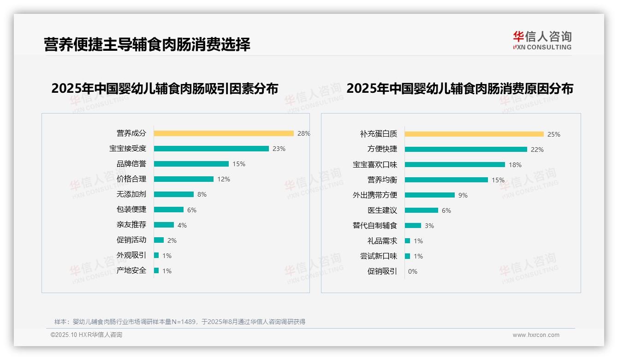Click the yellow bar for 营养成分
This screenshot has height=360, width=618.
[x=224, y=133]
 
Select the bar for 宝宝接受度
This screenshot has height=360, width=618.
[x=211, y=149]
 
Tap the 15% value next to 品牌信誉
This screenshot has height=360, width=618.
[x=239, y=164]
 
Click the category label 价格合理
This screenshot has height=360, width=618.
[x=131, y=179]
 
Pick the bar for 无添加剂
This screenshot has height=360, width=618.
[x=174, y=194]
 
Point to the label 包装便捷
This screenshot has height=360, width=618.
[x=131, y=210]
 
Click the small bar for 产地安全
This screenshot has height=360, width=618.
[x=156, y=270]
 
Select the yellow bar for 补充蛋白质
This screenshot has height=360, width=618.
[x=474, y=134]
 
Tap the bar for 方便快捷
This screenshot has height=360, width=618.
[x=466, y=150]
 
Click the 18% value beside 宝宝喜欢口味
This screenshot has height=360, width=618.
[x=515, y=165]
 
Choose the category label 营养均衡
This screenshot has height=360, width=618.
[x=382, y=180]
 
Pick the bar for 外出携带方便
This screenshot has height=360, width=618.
[x=430, y=195]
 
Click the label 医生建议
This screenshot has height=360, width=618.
[x=382, y=210]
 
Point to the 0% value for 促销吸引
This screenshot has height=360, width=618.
[x=412, y=271]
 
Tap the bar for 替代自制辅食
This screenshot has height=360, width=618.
[x=413, y=226]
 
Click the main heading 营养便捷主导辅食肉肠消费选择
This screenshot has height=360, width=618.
[x=147, y=45]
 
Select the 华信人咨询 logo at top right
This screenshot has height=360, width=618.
[x=542, y=41]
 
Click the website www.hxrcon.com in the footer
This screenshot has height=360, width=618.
[x=536, y=335]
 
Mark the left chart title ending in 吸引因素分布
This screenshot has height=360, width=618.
[x=165, y=88]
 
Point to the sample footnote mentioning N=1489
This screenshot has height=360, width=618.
[x=180, y=322]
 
